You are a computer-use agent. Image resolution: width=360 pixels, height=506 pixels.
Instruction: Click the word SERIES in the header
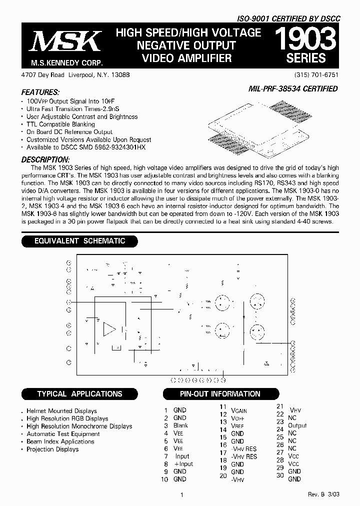[306, 58]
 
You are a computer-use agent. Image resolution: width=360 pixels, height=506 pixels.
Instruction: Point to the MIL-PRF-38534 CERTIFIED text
[292, 89]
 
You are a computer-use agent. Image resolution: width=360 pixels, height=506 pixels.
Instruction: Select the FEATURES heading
[40, 92]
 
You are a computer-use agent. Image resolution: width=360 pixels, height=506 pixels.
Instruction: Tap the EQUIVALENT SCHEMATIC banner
[79, 241]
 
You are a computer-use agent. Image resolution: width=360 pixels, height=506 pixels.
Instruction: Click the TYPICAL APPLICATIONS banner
[79, 394]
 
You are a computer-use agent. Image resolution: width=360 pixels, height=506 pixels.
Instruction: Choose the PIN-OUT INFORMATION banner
[220, 394]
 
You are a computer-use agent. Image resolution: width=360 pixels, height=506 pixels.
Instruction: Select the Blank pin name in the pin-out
[180, 425]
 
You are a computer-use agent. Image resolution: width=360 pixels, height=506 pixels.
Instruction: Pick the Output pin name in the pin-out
[297, 425]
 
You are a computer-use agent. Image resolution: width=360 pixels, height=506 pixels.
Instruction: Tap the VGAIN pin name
[239, 410]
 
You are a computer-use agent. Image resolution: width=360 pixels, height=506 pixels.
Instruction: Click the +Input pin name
[183, 464]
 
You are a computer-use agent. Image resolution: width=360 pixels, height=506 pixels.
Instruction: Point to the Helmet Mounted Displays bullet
[62, 411]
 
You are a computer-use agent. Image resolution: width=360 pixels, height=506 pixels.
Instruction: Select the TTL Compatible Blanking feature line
[60, 124]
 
